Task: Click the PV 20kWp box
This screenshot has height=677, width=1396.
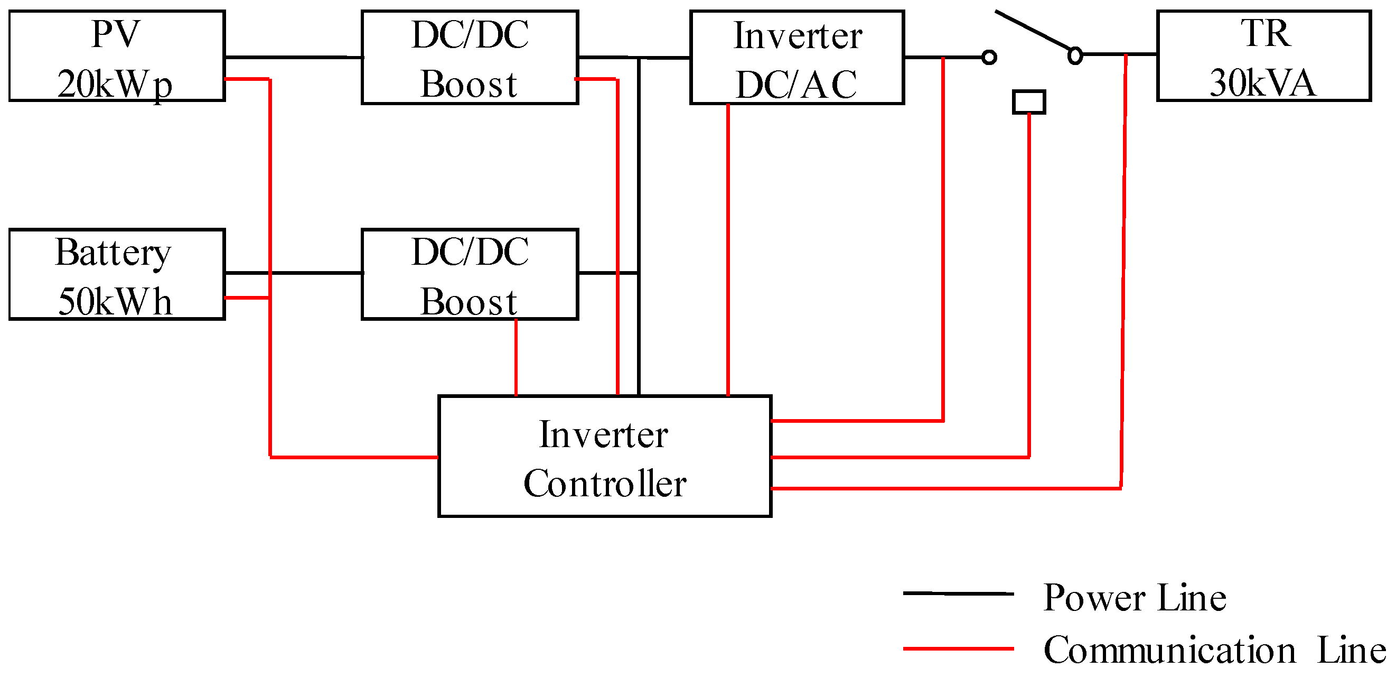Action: pyautogui.click(x=117, y=56)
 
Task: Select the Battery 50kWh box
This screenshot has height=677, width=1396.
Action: pyautogui.click(x=117, y=275)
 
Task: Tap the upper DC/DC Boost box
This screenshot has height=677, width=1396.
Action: pyautogui.click(x=470, y=57)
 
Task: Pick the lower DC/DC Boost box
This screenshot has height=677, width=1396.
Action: pyautogui.click(x=470, y=275)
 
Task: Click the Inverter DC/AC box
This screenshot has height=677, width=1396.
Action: pyautogui.click(x=797, y=57)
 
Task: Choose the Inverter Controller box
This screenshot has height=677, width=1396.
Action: pyautogui.click(x=604, y=457)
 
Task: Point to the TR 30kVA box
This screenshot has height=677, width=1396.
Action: pyautogui.click(x=1264, y=56)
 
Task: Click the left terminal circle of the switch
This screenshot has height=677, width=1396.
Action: pyautogui.click(x=989, y=58)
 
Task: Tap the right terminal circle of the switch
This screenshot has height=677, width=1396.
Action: pyautogui.click(x=1075, y=55)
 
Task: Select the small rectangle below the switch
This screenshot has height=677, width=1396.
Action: pyautogui.click(x=1028, y=102)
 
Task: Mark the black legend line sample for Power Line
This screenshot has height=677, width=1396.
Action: pyautogui.click(x=958, y=593)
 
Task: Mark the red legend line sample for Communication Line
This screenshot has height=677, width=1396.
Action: pyautogui.click(x=958, y=648)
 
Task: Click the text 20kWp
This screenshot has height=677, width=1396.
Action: pyautogui.click(x=115, y=85)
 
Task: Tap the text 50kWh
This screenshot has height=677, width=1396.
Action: pyautogui.click(x=115, y=302)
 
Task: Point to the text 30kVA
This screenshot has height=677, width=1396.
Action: pyautogui.click(x=1263, y=84)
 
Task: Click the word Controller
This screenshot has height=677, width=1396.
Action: pyautogui.click(x=605, y=484)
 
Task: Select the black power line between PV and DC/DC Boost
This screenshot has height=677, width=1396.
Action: pyautogui.click(x=293, y=57)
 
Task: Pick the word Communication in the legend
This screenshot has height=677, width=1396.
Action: pyautogui.click(x=1169, y=650)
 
